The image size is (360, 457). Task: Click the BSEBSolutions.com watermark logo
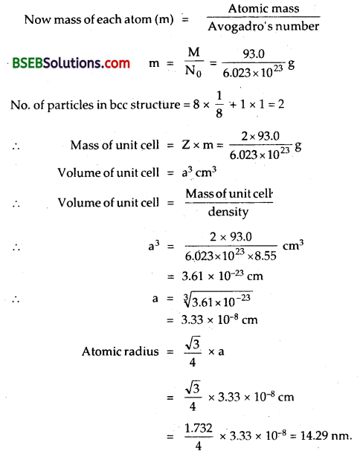coord(71,64)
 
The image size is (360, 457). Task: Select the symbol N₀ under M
coord(193,72)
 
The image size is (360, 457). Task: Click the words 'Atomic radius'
coord(118,351)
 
